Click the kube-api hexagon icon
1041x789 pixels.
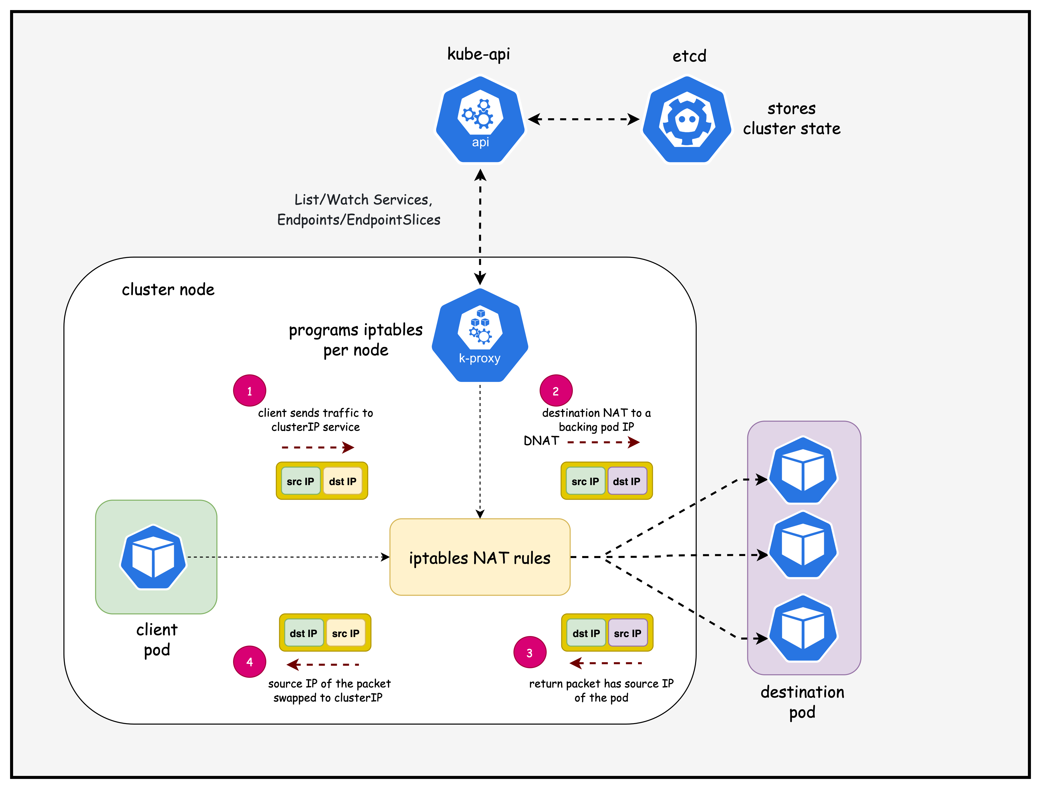480,120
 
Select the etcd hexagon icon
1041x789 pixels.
687,120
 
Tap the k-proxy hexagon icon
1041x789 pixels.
480,335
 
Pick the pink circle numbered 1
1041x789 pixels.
249,390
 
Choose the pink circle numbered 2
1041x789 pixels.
556,390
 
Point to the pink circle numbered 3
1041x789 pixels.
530,653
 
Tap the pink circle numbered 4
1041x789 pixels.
249,661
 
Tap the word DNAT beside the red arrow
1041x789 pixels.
541,441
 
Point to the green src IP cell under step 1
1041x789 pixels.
300,481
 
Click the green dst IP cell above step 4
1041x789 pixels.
304,633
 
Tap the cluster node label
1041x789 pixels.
168,289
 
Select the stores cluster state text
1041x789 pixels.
792,119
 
